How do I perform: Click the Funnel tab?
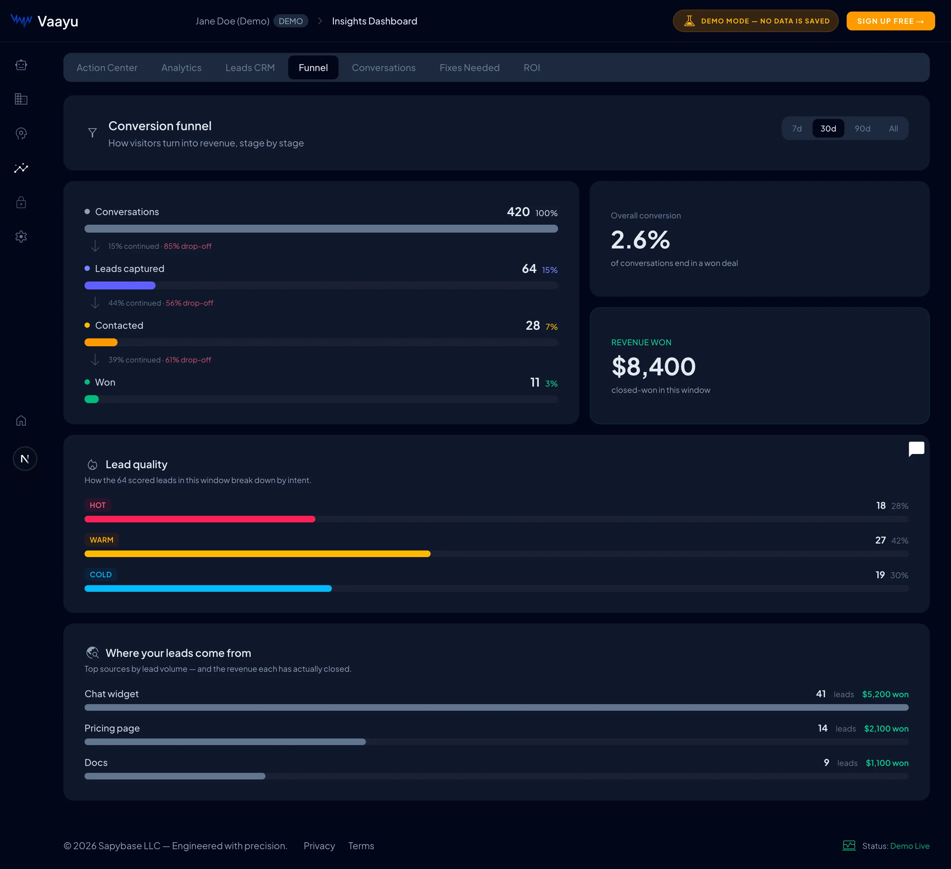[x=313, y=67]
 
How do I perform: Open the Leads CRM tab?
[x=250, y=67]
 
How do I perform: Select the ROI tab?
[x=532, y=67]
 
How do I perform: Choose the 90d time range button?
[x=862, y=129]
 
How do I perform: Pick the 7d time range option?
[x=797, y=129]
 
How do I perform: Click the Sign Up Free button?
[x=891, y=21]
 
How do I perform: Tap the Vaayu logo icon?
[x=21, y=21]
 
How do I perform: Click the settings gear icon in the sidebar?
[x=21, y=237]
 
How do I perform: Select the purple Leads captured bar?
[x=120, y=285]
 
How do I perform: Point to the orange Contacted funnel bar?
[x=101, y=342]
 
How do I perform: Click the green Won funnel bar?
[x=91, y=399]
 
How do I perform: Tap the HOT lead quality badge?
[x=98, y=505]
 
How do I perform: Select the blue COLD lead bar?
[x=208, y=588]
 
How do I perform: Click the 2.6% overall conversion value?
[x=640, y=240]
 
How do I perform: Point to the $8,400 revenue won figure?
[x=653, y=367]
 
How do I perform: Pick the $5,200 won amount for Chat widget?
[x=885, y=694]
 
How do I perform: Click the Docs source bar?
[x=175, y=776]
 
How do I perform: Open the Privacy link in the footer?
[x=319, y=846]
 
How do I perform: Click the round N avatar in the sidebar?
[x=25, y=459]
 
